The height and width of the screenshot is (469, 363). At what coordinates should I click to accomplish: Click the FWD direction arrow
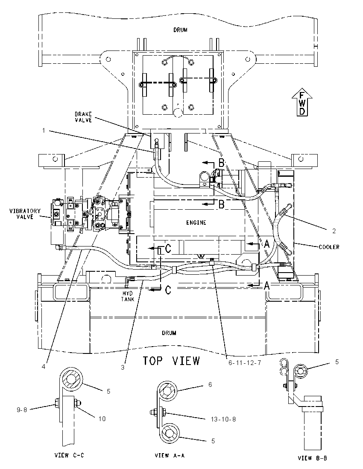(302, 102)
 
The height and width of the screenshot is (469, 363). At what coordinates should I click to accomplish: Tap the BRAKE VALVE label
(83, 117)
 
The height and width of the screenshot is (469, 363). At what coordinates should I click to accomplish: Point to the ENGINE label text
(196, 223)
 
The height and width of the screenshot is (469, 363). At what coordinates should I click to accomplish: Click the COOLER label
(329, 247)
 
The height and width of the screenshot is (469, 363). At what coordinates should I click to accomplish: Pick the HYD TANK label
(127, 296)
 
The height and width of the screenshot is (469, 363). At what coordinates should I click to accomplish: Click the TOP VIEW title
(171, 361)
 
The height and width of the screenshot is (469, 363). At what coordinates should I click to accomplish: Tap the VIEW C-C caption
(69, 455)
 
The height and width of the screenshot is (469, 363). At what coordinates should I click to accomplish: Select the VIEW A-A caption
(170, 456)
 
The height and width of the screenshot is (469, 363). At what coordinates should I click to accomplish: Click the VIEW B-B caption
(313, 458)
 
